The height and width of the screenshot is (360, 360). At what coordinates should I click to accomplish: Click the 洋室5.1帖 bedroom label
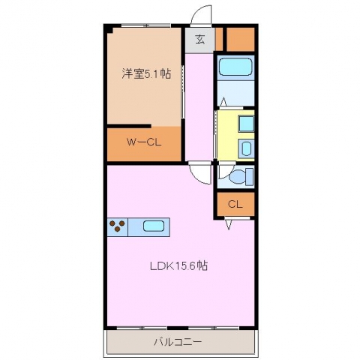[x=146, y=74]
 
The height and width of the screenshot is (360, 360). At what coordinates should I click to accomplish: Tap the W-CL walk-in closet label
[x=144, y=142]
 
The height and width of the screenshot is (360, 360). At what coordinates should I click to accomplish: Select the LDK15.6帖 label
[x=178, y=265]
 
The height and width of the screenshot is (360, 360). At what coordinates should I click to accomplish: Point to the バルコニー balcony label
[x=178, y=342]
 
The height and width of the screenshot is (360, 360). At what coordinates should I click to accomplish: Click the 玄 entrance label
[x=200, y=40]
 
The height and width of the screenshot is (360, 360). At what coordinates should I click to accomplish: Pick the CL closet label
[x=235, y=205]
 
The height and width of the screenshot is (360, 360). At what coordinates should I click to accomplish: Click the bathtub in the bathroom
[x=235, y=67]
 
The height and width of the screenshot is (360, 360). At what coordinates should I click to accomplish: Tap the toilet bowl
[x=238, y=176]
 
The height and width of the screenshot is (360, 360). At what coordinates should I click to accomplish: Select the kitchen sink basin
[x=154, y=226]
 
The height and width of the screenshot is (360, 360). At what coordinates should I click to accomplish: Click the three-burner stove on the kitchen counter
[x=118, y=226]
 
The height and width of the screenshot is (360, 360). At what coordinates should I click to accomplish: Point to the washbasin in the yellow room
[x=247, y=148]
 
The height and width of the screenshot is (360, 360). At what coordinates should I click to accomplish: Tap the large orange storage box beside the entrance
[x=241, y=40]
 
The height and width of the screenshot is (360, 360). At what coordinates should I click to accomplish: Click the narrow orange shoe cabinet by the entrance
[x=219, y=39]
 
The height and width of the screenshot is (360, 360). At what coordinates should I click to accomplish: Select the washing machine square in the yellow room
[x=247, y=124]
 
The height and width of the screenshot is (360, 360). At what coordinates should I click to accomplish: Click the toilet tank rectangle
[x=250, y=177]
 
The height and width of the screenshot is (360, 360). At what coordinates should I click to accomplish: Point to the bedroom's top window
[x=145, y=25]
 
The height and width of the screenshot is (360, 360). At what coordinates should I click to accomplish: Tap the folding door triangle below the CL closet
[x=229, y=224]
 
